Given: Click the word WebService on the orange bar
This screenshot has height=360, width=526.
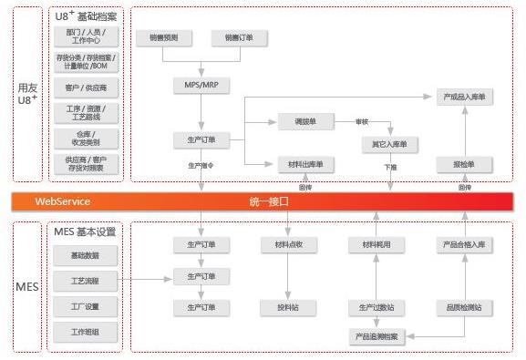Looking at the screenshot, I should [62, 201].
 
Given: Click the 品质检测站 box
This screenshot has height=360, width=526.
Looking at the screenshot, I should [464, 306].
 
